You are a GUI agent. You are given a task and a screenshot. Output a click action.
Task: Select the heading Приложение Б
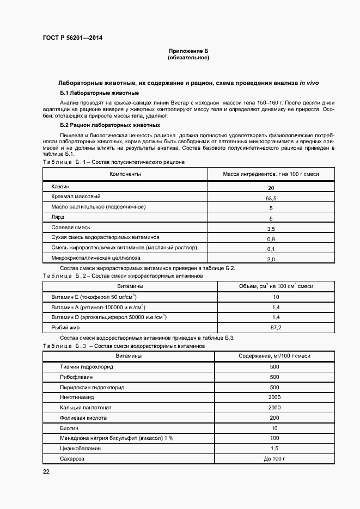click(188, 51)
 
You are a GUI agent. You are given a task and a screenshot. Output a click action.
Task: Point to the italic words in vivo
click(309, 83)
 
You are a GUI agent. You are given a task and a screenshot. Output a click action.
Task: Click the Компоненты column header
click(125, 174)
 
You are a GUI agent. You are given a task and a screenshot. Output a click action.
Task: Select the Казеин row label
click(60, 187)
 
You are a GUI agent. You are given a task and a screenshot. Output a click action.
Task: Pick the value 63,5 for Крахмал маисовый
click(271, 198)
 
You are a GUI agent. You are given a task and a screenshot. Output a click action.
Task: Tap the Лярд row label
click(58, 217)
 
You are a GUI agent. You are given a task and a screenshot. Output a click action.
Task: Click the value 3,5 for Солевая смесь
click(271, 229)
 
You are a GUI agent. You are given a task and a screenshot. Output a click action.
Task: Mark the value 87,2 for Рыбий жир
click(276, 327)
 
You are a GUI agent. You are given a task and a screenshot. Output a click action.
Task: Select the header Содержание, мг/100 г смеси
click(274, 355)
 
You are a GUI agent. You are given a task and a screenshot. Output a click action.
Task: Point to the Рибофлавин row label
click(76, 377)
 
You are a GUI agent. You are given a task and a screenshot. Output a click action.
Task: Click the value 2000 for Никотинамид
click(274, 397)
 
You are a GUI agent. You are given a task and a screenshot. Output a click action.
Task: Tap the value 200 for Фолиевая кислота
click(274, 418)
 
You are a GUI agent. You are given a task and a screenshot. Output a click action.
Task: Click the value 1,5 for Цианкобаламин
click(274, 449)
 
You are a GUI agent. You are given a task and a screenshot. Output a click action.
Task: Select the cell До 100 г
click(274, 459)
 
